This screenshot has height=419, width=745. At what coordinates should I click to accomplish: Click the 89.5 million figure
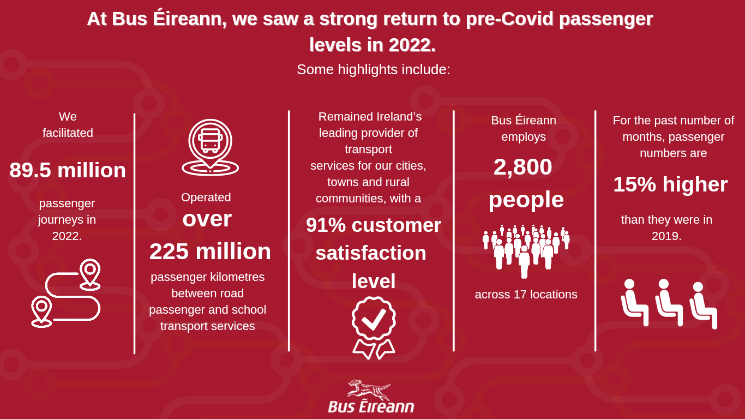tap(68, 170)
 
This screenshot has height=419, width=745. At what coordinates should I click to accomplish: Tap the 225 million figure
tap(210, 252)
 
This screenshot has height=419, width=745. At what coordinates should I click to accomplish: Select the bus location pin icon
tap(210, 147)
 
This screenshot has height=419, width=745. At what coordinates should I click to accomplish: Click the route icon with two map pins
tap(66, 293)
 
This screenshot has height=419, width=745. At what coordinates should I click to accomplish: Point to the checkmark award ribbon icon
tap(374, 327)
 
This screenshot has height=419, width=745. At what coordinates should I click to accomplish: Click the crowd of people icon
tap(526, 252)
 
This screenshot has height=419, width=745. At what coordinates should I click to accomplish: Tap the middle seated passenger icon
tap(669, 302)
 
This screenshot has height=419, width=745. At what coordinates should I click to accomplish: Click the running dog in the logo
tap(369, 390)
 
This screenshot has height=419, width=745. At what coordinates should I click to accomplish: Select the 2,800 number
tap(523, 167)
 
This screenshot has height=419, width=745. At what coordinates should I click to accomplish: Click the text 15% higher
tap(670, 184)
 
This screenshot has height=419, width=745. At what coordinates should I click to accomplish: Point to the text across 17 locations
tap(526, 295)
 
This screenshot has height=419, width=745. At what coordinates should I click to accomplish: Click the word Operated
tap(206, 197)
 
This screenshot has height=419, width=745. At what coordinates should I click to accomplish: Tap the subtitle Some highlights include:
tap(374, 69)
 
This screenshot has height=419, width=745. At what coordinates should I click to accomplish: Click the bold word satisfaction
tap(371, 253)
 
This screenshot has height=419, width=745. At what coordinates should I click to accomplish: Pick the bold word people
tap(526, 200)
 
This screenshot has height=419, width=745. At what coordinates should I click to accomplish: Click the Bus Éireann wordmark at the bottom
tap(371, 406)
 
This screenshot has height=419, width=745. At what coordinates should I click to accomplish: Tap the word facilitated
tap(68, 133)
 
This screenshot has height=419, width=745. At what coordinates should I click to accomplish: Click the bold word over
tap(207, 219)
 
